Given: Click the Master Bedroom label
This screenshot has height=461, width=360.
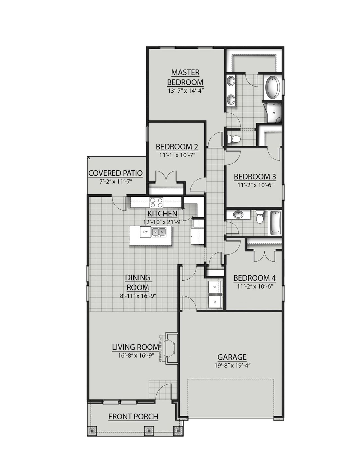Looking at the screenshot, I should pos(185,77).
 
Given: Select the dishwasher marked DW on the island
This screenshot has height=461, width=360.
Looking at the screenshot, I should pos(145,232).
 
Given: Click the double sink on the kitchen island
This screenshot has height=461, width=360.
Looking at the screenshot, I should pos(159,232).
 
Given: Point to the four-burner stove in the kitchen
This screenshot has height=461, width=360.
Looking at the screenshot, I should pos(156,202).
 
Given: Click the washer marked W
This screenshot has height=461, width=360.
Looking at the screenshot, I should pos(215,287).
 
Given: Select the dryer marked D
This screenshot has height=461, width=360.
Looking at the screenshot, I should pos(215,302).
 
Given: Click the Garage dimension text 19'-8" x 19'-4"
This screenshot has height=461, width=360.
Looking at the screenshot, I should pos(232,365).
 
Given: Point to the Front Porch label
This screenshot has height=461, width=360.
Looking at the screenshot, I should pos(133,417).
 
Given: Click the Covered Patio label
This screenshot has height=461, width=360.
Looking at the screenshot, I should pos(115,173).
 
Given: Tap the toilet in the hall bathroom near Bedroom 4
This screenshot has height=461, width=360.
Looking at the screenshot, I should pos(260,218).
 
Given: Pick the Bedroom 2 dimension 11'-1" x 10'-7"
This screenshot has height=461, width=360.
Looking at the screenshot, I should pos(177,155).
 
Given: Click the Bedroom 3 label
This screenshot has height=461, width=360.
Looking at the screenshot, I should pos(255,177).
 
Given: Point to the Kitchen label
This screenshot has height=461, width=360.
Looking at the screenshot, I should pos(162,214).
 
